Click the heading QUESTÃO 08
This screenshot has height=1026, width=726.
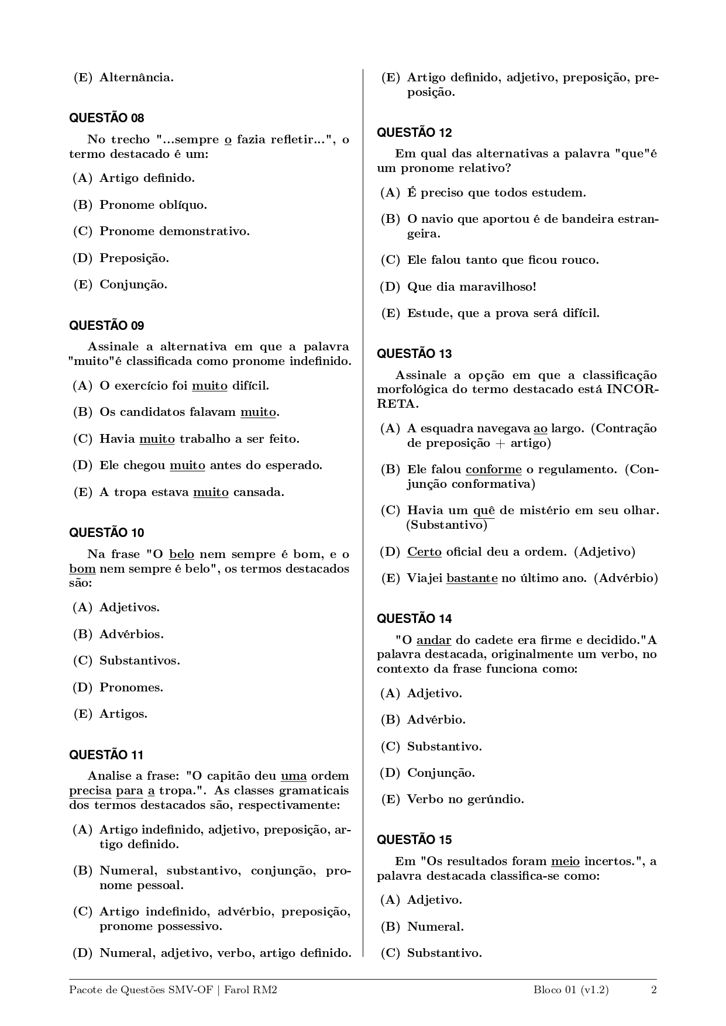pyautogui.click(x=106, y=118)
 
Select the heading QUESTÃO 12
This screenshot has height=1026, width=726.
pyautogui.click(x=414, y=133)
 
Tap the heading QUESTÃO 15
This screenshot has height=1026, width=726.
pyautogui.click(x=414, y=840)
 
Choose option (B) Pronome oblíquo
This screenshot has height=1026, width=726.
pyautogui.click(x=153, y=205)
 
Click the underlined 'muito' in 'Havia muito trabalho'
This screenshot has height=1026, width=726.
pyautogui.click(x=157, y=439)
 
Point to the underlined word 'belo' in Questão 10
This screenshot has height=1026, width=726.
pyautogui.click(x=181, y=554)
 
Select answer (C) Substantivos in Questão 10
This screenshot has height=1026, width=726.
pyautogui.click(x=139, y=660)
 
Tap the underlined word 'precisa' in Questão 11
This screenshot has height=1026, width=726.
pyautogui.click(x=90, y=790)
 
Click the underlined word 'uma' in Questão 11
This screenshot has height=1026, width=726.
pyautogui.click(x=294, y=776)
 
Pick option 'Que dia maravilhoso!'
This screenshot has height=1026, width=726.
pyautogui.click(x=472, y=287)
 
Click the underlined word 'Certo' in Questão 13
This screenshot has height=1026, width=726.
pyautogui.click(x=424, y=552)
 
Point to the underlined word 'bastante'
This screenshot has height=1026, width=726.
pyautogui.click(x=472, y=578)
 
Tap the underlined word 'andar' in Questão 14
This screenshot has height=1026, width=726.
pyautogui.click(x=433, y=640)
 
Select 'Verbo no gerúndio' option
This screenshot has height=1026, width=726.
pyautogui.click(x=465, y=799)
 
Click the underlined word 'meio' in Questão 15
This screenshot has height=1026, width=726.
pyautogui.click(x=565, y=861)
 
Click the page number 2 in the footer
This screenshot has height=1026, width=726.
pyautogui.click(x=654, y=990)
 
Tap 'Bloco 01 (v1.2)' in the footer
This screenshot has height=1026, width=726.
pyautogui.click(x=571, y=990)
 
